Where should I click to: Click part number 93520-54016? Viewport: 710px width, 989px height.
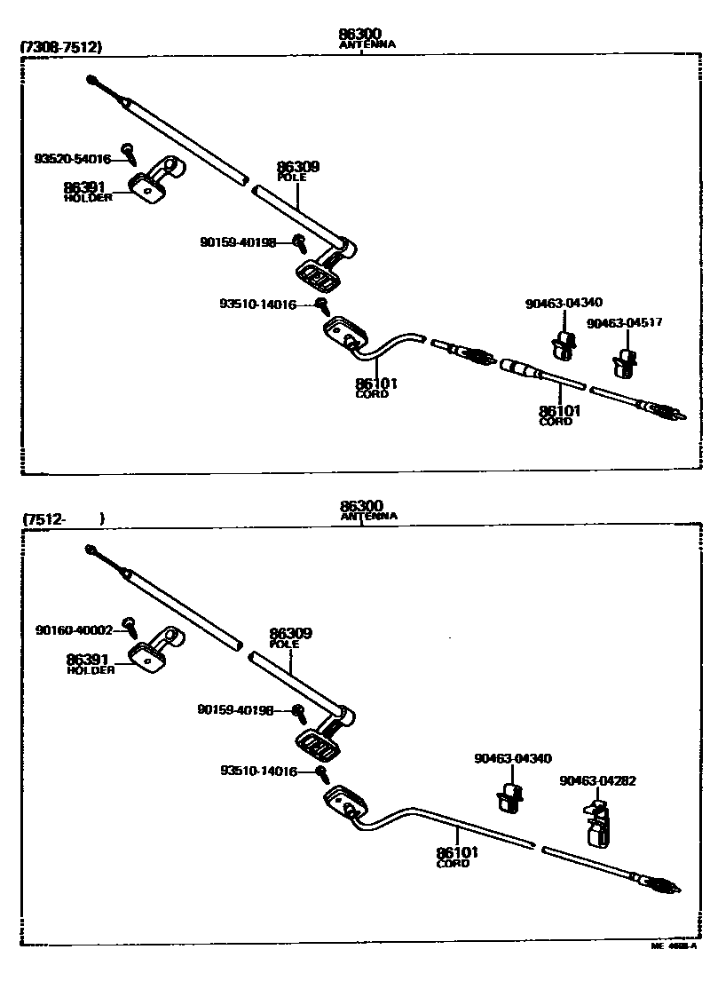tap(73, 160)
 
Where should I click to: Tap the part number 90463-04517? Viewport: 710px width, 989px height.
tap(625, 323)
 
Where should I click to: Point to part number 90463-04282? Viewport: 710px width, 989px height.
tap(597, 781)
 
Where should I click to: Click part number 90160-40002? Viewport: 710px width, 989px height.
tap(75, 630)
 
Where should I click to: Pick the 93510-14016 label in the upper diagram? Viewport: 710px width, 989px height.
tap(258, 304)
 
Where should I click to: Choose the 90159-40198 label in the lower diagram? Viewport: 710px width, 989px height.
tap(237, 709)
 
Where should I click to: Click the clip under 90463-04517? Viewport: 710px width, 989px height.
tap(626, 362)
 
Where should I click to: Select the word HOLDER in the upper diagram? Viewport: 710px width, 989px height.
tap(88, 198)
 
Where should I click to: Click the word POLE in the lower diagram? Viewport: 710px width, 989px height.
tap(285, 644)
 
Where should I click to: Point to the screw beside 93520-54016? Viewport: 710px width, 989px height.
tap(130, 154)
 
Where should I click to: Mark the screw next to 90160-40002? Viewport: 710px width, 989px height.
tap(130, 626)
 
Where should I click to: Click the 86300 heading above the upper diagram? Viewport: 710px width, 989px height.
tap(359, 35)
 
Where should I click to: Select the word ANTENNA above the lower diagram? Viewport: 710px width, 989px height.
tap(368, 516)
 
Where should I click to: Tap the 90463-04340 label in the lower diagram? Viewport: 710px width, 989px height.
tap(513, 758)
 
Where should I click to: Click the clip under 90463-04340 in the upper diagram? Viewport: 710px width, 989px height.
tap(562, 344)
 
